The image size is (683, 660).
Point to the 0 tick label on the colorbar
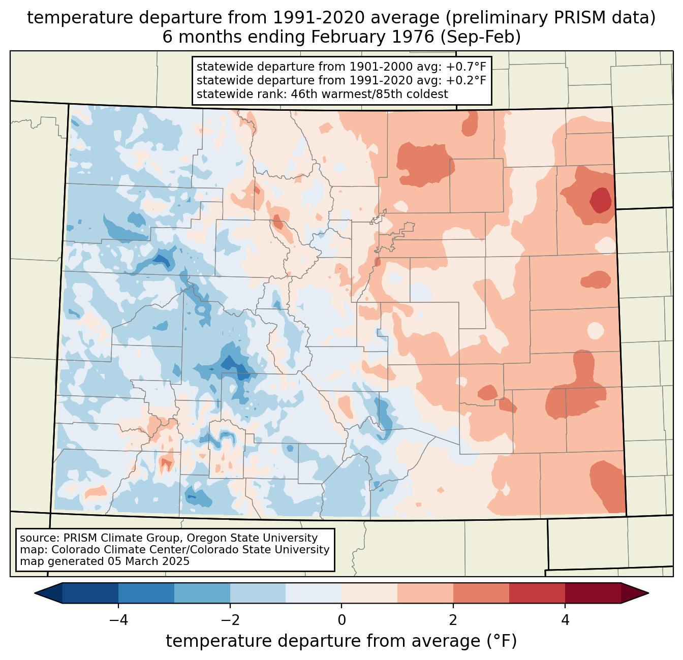click(x=341, y=620)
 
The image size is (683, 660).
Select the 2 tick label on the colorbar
click(x=453, y=620)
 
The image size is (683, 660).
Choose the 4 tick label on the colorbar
click(x=565, y=620)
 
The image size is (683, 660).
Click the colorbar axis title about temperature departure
click(x=341, y=641)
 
